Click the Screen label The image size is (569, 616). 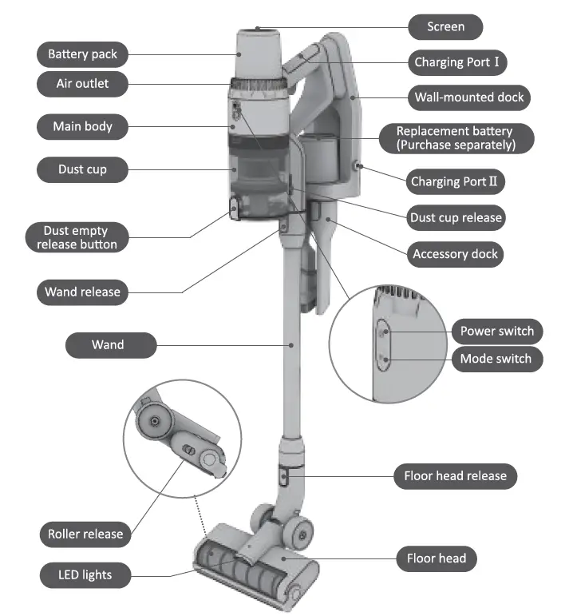tap(446, 26)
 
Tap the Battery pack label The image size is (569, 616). tap(82, 54)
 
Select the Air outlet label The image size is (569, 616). tap(82, 83)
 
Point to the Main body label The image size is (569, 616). tap(82, 126)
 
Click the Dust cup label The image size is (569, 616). tap(82, 169)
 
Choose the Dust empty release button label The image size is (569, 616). tap(77, 238)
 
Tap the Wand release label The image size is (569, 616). tap(82, 292)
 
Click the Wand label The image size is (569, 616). tap(108, 344)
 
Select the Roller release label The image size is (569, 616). tap(85, 534)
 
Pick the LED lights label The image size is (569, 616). tap(85, 574)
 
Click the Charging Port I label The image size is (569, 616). tap(457, 62)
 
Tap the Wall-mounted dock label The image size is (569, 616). tap(468, 97)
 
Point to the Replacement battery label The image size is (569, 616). tap(456, 137)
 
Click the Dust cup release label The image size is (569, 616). tap(456, 217)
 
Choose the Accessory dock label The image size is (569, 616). tap(455, 254)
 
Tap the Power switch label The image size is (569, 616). tap(497, 331)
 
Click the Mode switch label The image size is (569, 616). tap(496, 359)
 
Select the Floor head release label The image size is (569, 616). tap(455, 476)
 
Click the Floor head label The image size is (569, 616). tap(437, 558)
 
